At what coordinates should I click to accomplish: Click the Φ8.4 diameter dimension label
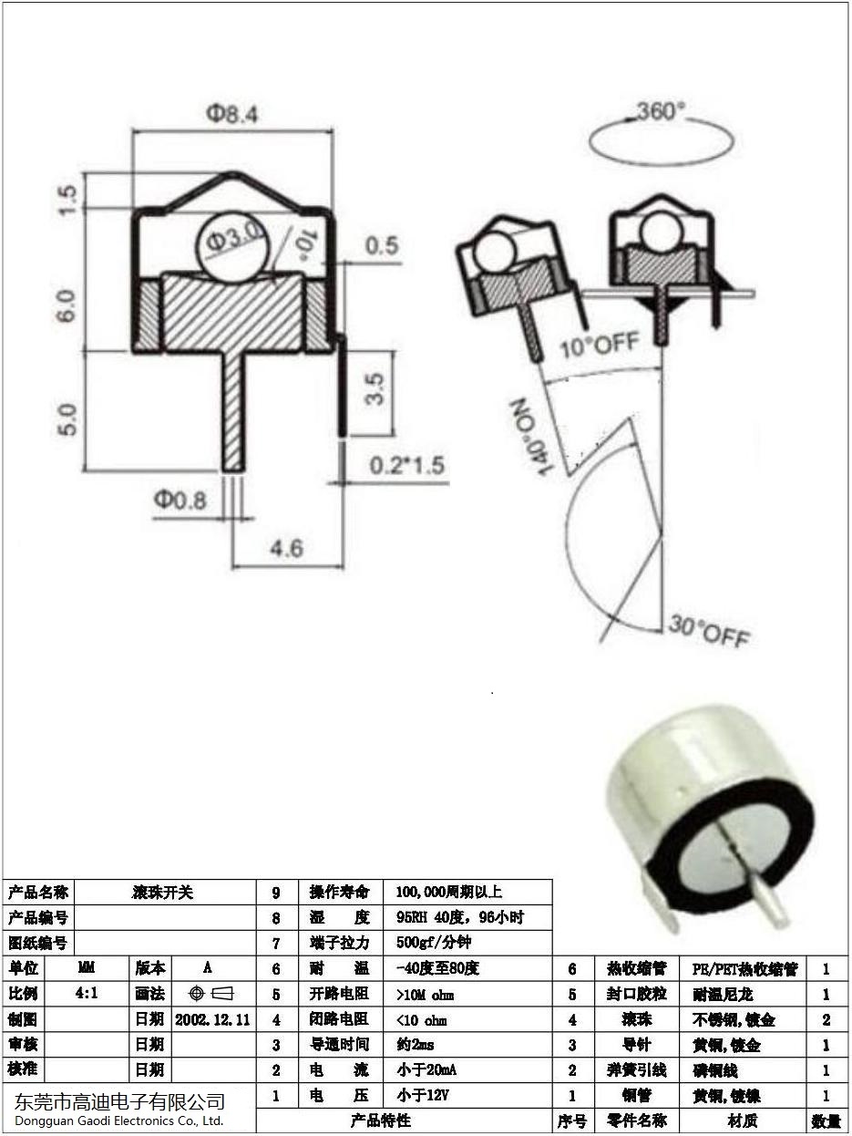231,113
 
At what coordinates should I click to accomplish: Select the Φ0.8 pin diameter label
180,500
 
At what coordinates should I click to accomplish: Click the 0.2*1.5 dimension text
406,465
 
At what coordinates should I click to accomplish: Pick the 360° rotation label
660,111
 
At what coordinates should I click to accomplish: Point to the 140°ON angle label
531,436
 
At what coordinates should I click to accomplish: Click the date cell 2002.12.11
212,1018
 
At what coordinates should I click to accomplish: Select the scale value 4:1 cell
87,993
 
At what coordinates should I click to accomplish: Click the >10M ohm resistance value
425,994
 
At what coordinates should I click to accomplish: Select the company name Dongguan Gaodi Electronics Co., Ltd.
118,1121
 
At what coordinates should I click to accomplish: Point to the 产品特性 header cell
381,1121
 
